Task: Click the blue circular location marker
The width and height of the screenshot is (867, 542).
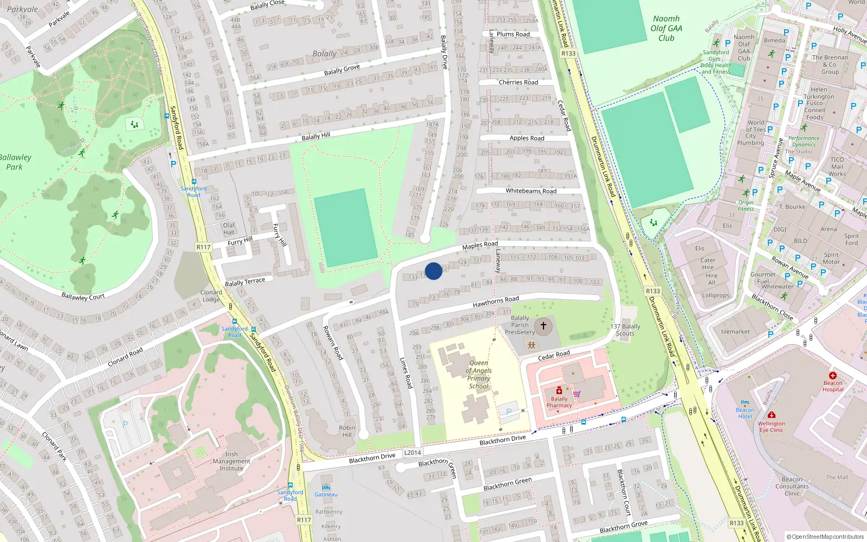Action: tap(433, 271)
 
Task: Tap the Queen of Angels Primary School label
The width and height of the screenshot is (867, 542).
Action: tap(478, 375)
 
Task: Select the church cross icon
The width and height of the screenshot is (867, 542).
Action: tap(544, 326)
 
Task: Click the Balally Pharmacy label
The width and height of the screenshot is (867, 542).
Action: tap(559, 402)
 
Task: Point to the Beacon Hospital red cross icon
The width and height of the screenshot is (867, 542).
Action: tap(833, 375)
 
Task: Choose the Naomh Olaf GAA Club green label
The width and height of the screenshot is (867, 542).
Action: tap(666, 28)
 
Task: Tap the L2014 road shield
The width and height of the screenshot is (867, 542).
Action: tap(412, 453)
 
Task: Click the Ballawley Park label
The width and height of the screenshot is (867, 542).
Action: tap(15, 162)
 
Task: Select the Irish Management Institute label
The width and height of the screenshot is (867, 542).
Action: tap(231, 461)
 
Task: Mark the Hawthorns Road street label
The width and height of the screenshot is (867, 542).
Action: tap(496, 302)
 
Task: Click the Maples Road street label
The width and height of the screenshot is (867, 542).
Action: tap(480, 246)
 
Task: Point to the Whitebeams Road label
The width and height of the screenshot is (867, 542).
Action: tap(531, 191)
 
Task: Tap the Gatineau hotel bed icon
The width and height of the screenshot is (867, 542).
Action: tap(326, 487)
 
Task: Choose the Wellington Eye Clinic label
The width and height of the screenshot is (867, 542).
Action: tap(772, 427)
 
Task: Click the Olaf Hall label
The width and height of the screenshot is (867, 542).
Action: tap(229, 229)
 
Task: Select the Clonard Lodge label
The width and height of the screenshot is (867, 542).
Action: tap(211, 296)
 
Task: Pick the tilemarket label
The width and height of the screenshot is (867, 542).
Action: tap(735, 332)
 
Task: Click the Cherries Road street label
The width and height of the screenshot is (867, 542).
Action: tap(519, 82)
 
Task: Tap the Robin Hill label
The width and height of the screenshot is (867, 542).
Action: tap(347, 431)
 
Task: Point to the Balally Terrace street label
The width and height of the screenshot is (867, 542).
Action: tap(245, 282)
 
